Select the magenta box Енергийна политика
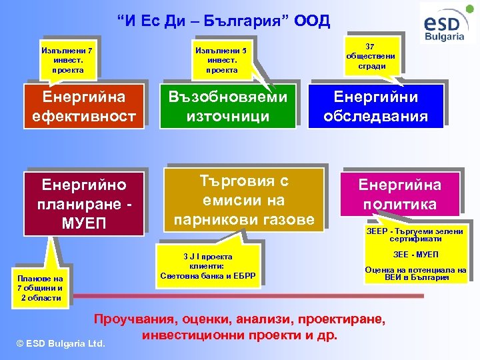point(399,194)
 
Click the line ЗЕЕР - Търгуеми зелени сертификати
point(414,235)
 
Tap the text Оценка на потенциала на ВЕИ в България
point(415,273)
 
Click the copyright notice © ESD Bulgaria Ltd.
point(61,343)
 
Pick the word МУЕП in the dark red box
point(83,221)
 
